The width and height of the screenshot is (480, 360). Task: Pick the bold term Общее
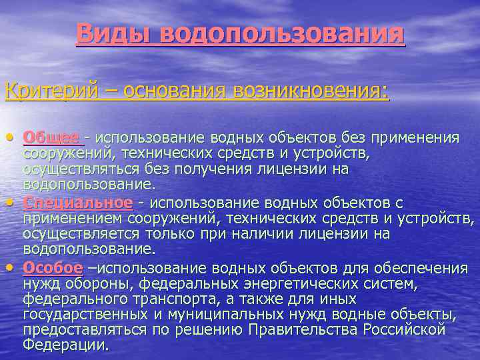click(x=51, y=137)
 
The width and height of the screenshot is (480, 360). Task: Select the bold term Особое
click(x=53, y=268)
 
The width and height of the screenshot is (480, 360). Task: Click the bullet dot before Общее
click(x=9, y=138)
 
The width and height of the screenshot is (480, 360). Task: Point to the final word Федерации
click(x=65, y=345)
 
